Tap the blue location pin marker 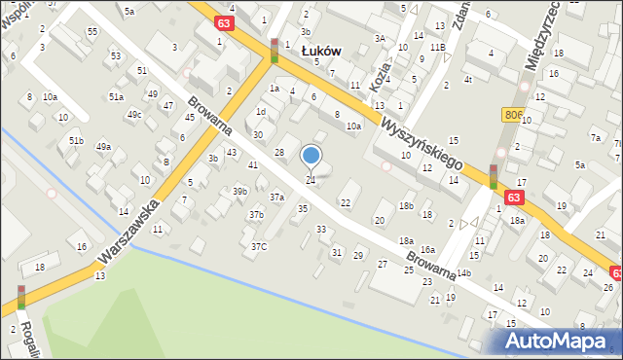pyautogui.click(x=311, y=156)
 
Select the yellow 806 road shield pyautogui.click(x=515, y=115)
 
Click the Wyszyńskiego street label pyautogui.click(x=421, y=142)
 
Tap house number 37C pyautogui.click(x=258, y=246)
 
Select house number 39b pyautogui.click(x=239, y=191)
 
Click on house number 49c pyautogui.click(x=134, y=115)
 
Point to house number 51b pyautogui.click(x=76, y=141)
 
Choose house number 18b pyautogui.click(x=406, y=205)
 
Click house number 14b pyautogui.click(x=463, y=272)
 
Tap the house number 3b pyautogui.click(x=213, y=158)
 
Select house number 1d pyautogui.click(x=260, y=111)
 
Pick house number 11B pyautogui.click(x=438, y=47)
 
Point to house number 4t pyautogui.click(x=468, y=79)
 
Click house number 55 pyautogui.click(x=92, y=32)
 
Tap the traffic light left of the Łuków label pyautogui.click(x=275, y=51)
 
